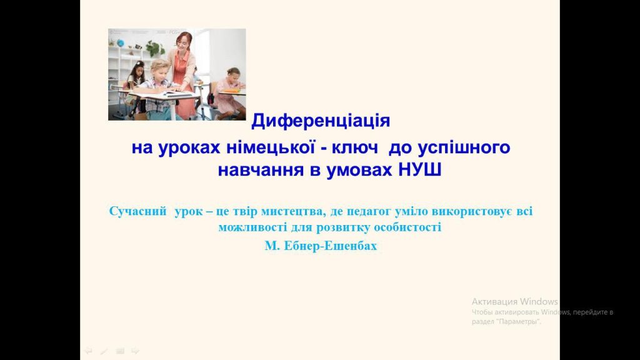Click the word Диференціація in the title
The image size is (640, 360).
[x=321, y=121]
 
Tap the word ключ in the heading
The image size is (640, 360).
[x=355, y=147]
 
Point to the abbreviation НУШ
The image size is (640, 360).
[x=419, y=170]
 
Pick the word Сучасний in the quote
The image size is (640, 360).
[x=138, y=211]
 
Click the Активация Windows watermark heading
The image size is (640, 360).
[x=515, y=302]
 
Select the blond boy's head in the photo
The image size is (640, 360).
[x=160, y=69]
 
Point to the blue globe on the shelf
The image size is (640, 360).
[x=121, y=43]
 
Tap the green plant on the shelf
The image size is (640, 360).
[x=154, y=48]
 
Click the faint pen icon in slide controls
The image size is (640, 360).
[x=104, y=351]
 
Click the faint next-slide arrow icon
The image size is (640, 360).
[x=136, y=351]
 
